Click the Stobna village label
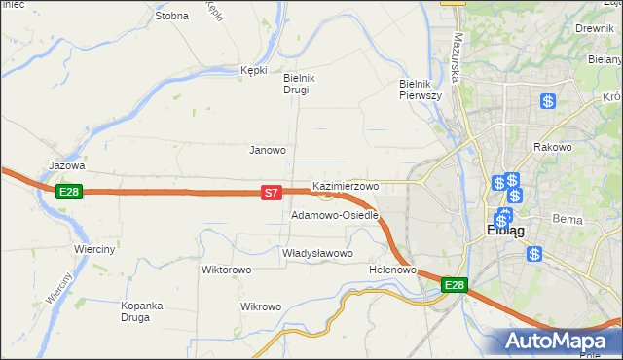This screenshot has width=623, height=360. pos(171,16)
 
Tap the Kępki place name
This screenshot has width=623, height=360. pos(253,70)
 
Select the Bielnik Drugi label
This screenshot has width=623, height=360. pos(296,84)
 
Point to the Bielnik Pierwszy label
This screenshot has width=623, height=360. pos(421,90)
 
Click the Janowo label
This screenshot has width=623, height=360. pos(268,151)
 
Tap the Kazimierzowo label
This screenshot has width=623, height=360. pos(346,185)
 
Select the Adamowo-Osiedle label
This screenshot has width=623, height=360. pos(334,215)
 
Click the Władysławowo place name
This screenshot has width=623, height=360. pos(316,253)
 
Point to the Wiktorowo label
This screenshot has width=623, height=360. pos(227,270)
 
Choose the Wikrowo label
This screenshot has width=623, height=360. pos(260,306)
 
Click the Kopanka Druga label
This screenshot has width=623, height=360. pos(140,310)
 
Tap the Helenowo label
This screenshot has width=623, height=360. pos(393,270)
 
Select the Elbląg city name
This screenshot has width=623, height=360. pos(505,232)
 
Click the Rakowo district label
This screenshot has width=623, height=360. pos(552,147)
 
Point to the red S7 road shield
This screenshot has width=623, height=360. pos(273,194)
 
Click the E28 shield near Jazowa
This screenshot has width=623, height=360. pos(68,192)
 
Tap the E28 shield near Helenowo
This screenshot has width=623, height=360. pos(455,285)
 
